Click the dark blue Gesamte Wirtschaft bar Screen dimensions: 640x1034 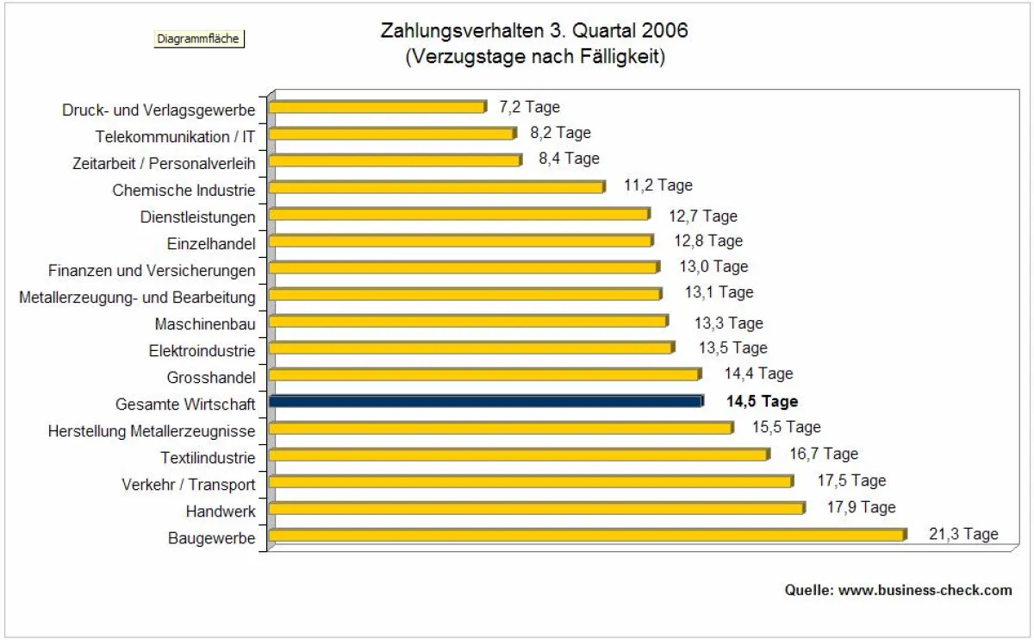click(486, 401)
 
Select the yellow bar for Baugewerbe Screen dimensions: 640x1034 click(587, 536)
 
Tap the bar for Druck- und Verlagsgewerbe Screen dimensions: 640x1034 click(377, 107)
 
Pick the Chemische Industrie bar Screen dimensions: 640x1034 click(437, 187)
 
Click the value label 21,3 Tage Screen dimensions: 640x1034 click(963, 534)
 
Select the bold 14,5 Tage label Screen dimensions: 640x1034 click(762, 401)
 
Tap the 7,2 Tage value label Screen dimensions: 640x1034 click(529, 107)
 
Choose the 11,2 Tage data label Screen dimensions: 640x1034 click(657, 185)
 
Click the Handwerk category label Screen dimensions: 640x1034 click(221, 511)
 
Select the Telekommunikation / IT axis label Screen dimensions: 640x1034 click(176, 135)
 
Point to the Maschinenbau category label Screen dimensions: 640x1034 click(205, 324)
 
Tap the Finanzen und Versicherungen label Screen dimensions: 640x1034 click(152, 271)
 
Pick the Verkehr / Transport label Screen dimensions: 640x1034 click(189, 484)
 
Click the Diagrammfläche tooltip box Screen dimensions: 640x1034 click(198, 39)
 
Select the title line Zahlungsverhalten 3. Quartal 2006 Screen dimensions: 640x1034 click(534, 31)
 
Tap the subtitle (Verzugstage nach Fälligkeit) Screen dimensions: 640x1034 click(534, 57)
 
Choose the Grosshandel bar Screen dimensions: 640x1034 click(484, 374)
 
